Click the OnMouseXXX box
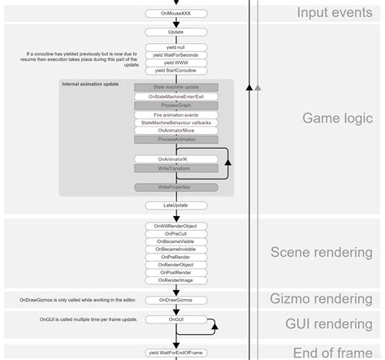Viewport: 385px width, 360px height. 175,14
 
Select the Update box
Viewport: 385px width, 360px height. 175,32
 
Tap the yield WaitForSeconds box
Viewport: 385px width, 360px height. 175,55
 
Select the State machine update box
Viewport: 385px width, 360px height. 175,87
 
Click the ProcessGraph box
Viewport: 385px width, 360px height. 175,106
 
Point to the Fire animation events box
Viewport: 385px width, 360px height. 175,115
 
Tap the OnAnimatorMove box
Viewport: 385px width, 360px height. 175,130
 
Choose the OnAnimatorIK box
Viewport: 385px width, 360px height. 175,158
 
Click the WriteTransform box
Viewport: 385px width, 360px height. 175,168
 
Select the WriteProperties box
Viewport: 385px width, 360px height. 175,187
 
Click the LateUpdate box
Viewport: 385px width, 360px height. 175,206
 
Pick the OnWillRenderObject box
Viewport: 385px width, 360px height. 175,225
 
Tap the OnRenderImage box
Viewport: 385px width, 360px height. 175,280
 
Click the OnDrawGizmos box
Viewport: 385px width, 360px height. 175,300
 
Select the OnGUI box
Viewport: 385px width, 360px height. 175,320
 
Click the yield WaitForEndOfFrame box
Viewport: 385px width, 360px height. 175,353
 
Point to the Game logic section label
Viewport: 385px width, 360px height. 337,119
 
